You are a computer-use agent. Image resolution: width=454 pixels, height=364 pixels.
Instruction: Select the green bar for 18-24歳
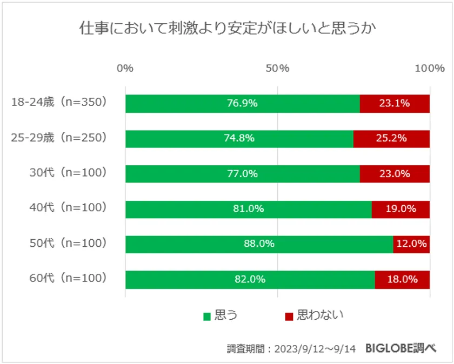[242, 103]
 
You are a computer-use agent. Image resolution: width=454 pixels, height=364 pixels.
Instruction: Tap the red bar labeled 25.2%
[391, 138]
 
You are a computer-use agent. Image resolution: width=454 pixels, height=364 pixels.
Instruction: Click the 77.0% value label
[242, 174]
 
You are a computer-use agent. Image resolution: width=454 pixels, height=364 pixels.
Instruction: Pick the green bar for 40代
[248, 209]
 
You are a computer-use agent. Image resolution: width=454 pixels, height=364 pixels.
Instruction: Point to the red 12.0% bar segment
[411, 244]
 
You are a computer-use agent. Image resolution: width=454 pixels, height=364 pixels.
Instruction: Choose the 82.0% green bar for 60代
[250, 279]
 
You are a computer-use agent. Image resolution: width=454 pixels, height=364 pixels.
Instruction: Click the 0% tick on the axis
[125, 69]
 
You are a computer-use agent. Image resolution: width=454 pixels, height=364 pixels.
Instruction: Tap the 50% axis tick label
[278, 69]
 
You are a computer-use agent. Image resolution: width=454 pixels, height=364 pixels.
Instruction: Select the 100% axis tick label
[429, 69]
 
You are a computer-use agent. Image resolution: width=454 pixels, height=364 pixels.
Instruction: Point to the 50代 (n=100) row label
[68, 244]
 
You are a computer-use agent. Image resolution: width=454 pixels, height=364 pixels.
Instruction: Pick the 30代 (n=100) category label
[68, 174]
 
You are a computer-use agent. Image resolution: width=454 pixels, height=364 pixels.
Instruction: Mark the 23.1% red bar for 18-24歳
[395, 103]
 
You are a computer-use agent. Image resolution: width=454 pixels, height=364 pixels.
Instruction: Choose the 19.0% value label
[400, 209]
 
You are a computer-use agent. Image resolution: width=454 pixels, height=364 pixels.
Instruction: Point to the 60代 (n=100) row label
[68, 279]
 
